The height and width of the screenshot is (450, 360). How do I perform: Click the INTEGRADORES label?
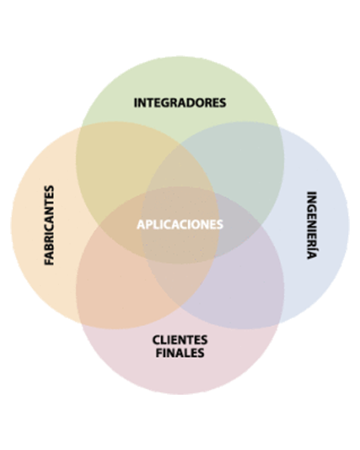tap(180, 103)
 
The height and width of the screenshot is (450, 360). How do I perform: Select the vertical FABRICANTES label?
tap(49, 225)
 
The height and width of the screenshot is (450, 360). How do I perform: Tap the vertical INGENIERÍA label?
tap(312, 225)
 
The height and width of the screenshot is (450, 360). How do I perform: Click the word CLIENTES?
tap(180, 340)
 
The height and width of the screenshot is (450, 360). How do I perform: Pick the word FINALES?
tap(180, 353)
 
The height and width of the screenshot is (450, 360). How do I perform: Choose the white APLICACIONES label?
tap(180, 224)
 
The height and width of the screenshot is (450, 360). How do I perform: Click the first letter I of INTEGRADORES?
tap(136, 103)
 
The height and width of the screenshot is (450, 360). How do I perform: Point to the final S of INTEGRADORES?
tap(223, 103)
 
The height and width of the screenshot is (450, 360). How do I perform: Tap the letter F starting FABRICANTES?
tap(49, 262)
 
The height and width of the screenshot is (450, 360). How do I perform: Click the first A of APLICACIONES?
tap(141, 224)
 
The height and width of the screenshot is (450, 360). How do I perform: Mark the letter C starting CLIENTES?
tap(157, 340)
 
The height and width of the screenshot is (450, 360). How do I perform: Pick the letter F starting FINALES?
tap(159, 353)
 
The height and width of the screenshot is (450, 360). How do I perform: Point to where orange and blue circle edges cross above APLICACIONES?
tap(180, 145)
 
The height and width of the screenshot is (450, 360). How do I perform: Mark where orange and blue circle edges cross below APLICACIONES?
tap(180, 307)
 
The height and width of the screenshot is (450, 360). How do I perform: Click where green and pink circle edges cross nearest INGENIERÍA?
tap(261, 225)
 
